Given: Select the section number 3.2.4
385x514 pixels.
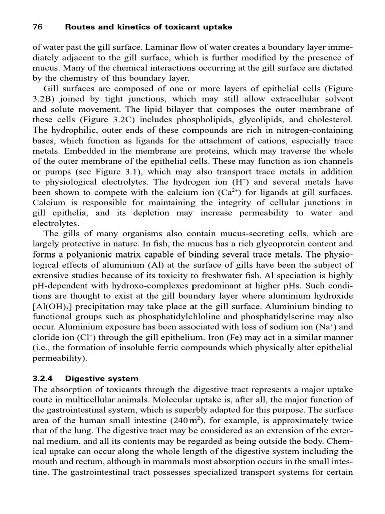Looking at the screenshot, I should tap(43, 378).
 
